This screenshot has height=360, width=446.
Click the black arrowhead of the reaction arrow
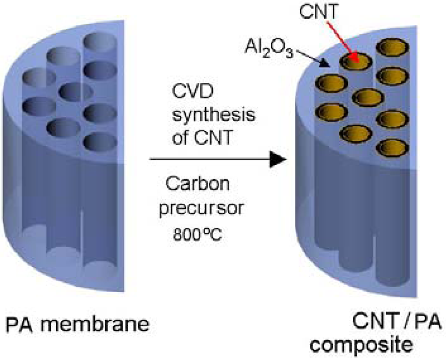click(x=277, y=160)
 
